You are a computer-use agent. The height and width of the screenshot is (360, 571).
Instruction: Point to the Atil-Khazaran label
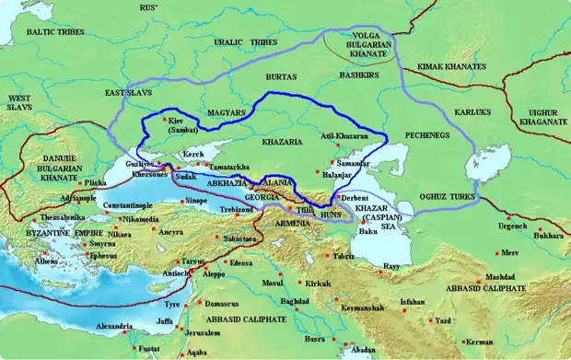tap(343, 136)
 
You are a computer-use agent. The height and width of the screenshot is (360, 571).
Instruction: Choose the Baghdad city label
tap(295, 301)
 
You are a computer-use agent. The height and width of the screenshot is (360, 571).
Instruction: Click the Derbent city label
tap(355, 197)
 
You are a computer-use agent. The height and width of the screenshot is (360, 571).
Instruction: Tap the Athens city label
tap(47, 261)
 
